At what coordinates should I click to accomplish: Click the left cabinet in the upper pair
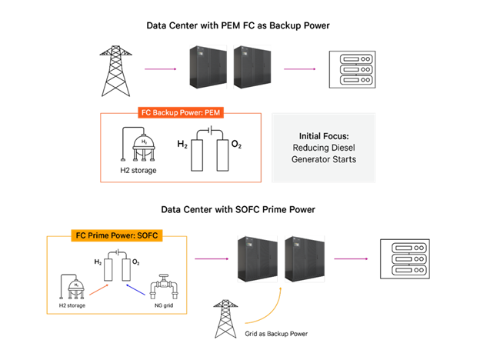click(208, 67)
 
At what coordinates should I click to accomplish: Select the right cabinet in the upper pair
click(252, 67)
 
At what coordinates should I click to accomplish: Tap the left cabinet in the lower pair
click(256, 258)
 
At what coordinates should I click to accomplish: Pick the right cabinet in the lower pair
click(304, 258)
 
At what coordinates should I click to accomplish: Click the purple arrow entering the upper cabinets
click(160, 69)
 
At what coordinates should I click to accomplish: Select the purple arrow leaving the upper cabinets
click(299, 69)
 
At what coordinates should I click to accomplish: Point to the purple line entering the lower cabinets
click(212, 259)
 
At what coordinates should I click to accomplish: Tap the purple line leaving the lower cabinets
click(351, 259)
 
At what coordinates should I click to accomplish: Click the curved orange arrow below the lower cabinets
click(265, 312)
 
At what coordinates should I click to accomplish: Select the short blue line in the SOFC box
click(135, 289)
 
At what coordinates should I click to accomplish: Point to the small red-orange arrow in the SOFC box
click(98, 290)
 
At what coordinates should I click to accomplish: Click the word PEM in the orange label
click(212, 112)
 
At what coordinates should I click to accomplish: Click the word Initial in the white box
click(313, 135)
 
